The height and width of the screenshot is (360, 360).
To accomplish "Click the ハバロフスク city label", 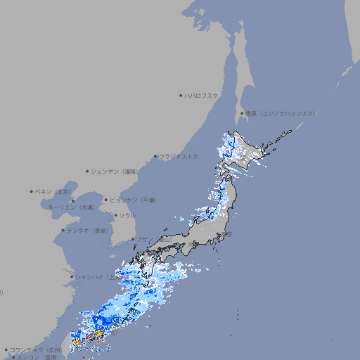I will click(202, 95).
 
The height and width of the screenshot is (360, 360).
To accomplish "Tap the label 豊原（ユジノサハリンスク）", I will click(281, 113).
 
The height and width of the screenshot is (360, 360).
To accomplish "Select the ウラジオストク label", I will click(179, 156).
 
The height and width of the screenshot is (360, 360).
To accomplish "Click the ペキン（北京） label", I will click(53, 191).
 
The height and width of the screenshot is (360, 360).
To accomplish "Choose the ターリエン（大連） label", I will click(71, 207).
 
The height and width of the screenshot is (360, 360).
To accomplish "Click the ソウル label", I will click(127, 215).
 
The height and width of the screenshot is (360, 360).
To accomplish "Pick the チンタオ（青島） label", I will click(87, 231).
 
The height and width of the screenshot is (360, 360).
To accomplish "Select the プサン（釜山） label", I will click(153, 239).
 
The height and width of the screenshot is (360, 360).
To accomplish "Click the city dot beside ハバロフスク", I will click(181, 95).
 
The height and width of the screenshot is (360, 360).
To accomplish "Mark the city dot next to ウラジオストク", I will click(155, 156).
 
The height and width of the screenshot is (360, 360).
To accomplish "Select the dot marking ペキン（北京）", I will click(32, 191).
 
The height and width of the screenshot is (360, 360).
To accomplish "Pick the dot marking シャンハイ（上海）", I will click(72, 276).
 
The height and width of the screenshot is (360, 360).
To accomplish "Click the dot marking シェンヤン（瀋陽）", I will click(87, 171).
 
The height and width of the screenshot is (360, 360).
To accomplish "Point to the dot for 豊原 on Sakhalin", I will click(242, 113).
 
